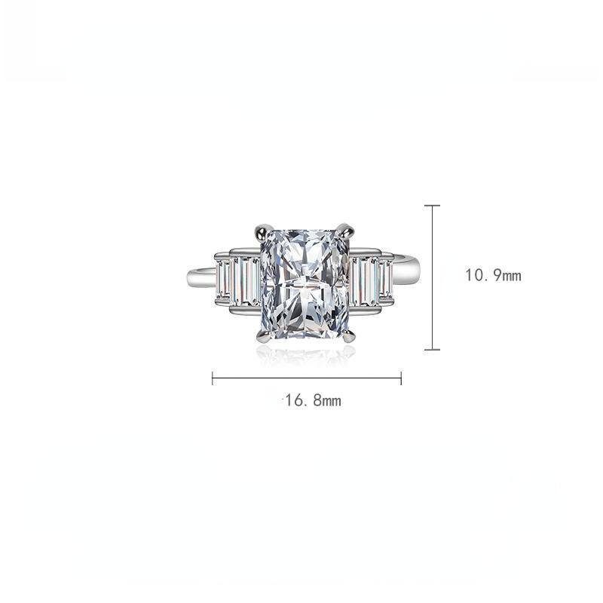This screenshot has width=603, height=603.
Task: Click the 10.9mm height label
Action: pos(494,276)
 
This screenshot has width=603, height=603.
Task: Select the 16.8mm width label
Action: pos(314,401)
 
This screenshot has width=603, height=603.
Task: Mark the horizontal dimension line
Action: pos(307,378)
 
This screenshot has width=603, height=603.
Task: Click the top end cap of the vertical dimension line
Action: pos(432,205)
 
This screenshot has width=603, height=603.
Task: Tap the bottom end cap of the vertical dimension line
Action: pos(432,349)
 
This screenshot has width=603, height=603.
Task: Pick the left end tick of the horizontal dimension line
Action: pos(213,378)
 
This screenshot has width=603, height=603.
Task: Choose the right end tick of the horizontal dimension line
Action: pos(401,378)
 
